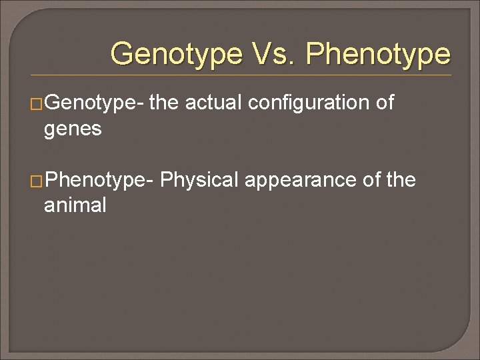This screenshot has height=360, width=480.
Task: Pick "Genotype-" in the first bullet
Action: click(93, 103)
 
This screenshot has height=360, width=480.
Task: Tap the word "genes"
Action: click(72, 129)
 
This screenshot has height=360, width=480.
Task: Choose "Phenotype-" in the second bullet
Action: click(99, 180)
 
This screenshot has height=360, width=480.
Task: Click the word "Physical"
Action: click(199, 180)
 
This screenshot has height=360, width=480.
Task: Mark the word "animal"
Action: click(75, 205)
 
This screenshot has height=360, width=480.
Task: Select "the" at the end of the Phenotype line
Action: click(399, 179)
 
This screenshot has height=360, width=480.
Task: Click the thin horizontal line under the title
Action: click(240, 75)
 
